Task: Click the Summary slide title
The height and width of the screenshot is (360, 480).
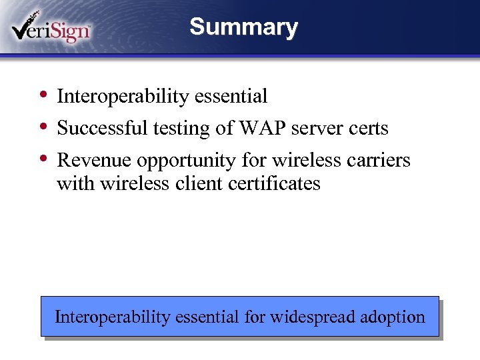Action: point(243,27)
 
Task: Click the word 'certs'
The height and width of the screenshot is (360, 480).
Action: point(367,128)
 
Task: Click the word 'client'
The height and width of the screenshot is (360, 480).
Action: point(198,183)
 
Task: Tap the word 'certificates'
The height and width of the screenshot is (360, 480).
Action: point(274,183)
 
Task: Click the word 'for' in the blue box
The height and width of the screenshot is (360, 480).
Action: point(254,317)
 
